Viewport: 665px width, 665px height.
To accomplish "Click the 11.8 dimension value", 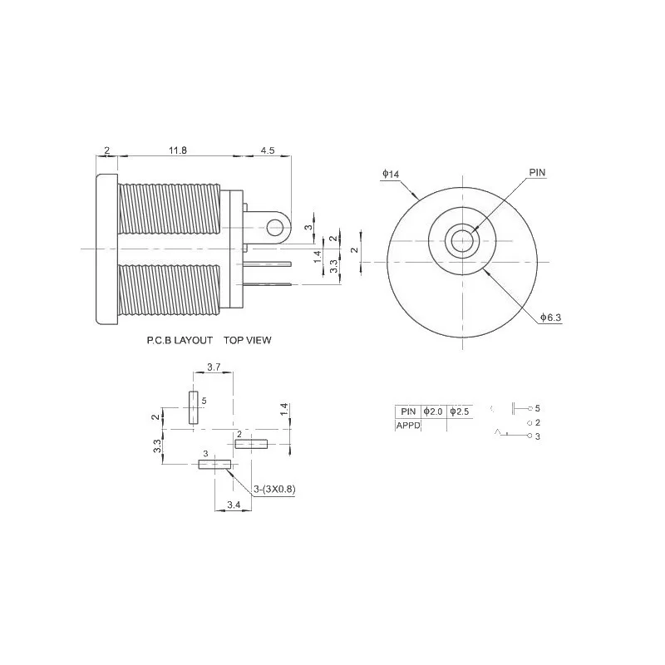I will pyautogui.click(x=178, y=150).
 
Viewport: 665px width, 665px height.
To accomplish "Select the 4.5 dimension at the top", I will pyautogui.click(x=268, y=150).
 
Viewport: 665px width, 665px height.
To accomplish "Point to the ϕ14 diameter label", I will pyautogui.click(x=391, y=173).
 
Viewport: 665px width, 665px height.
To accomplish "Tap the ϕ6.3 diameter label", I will pyautogui.click(x=550, y=317).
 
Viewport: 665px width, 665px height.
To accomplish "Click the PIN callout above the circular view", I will pyautogui.click(x=537, y=172).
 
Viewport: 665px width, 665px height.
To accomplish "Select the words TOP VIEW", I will pyautogui.click(x=248, y=340).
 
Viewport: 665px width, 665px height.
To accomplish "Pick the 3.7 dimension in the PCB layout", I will pyautogui.click(x=213, y=367).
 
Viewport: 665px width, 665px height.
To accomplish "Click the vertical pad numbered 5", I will pyautogui.click(x=194, y=407).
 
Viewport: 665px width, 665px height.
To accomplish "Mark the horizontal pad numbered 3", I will pyautogui.click(x=214, y=464).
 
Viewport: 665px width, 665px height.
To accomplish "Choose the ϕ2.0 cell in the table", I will pyautogui.click(x=433, y=411).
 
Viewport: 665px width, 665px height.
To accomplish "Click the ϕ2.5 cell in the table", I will pyautogui.click(x=459, y=411).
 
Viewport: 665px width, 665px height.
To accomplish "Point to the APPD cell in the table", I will pyautogui.click(x=407, y=424).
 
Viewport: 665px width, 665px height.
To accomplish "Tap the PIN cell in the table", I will pyautogui.click(x=407, y=411).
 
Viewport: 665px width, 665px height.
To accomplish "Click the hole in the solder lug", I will pyautogui.click(x=275, y=225).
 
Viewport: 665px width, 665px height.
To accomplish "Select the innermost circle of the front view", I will pyautogui.click(x=461, y=242).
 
